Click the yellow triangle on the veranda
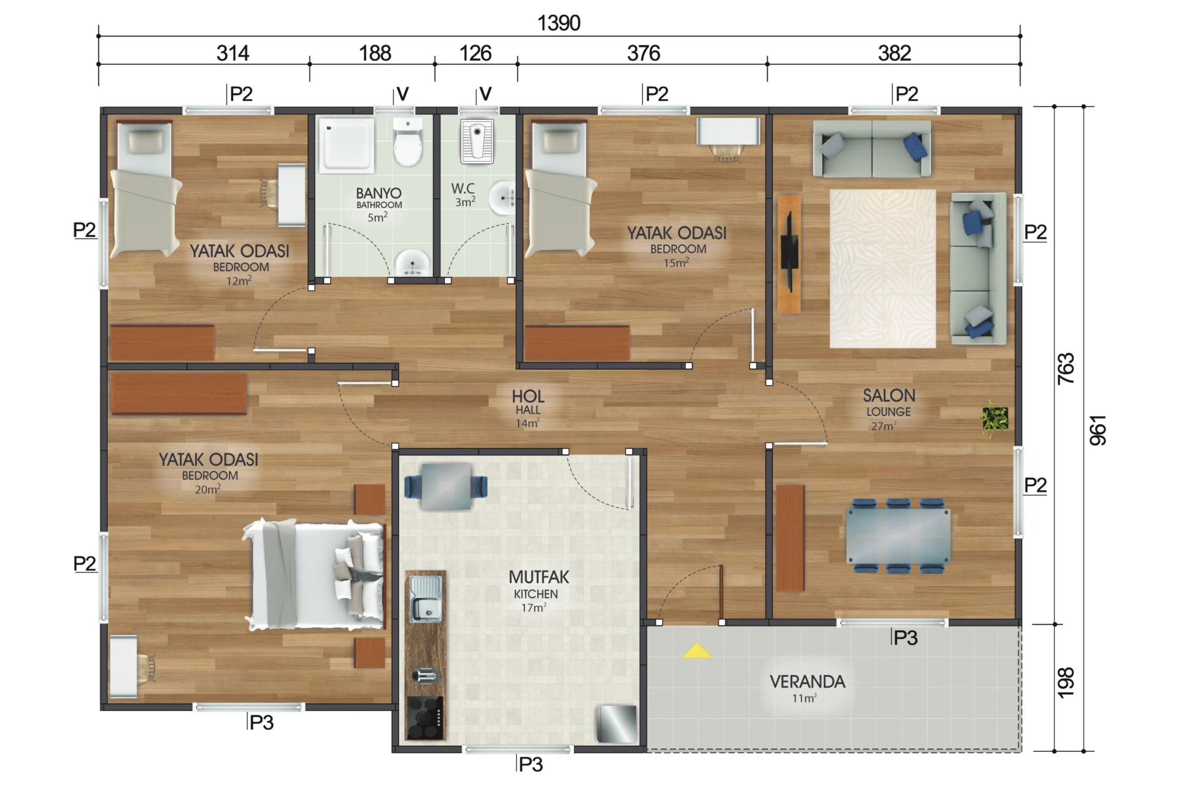pos(696,651)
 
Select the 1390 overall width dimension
pos(559,23)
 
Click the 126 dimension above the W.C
pos(475,53)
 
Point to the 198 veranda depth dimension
pos(1066,682)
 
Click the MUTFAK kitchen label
pos(539,577)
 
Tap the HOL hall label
pos(528,396)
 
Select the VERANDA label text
pos(807,682)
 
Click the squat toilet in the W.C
pos(477,141)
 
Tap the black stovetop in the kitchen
pos(425,717)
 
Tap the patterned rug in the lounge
pos(882,269)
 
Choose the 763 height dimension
pos(1066,369)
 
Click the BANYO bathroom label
pos(378,193)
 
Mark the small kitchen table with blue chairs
pos(446,486)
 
